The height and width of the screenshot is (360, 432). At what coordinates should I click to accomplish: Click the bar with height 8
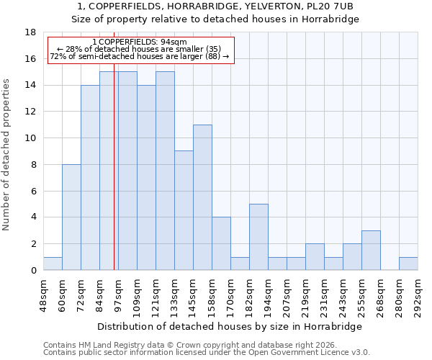click(71, 217)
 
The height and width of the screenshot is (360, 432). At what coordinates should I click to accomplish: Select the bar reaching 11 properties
click(202, 197)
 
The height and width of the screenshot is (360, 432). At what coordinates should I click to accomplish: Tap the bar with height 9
click(184, 210)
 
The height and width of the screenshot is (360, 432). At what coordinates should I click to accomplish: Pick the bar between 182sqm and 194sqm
click(258, 237)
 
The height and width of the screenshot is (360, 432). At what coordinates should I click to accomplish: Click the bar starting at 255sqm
click(371, 250)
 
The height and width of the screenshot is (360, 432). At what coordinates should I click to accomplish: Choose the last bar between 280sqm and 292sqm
click(408, 264)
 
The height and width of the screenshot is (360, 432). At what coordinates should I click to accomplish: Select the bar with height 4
click(221, 243)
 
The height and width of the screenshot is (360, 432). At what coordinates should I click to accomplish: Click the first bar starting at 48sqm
click(53, 264)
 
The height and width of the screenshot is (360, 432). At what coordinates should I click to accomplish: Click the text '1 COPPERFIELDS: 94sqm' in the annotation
click(140, 42)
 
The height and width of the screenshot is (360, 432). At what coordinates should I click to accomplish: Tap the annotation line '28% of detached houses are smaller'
click(140, 49)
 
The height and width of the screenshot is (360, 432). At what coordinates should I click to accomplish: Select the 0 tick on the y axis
click(33, 271)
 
